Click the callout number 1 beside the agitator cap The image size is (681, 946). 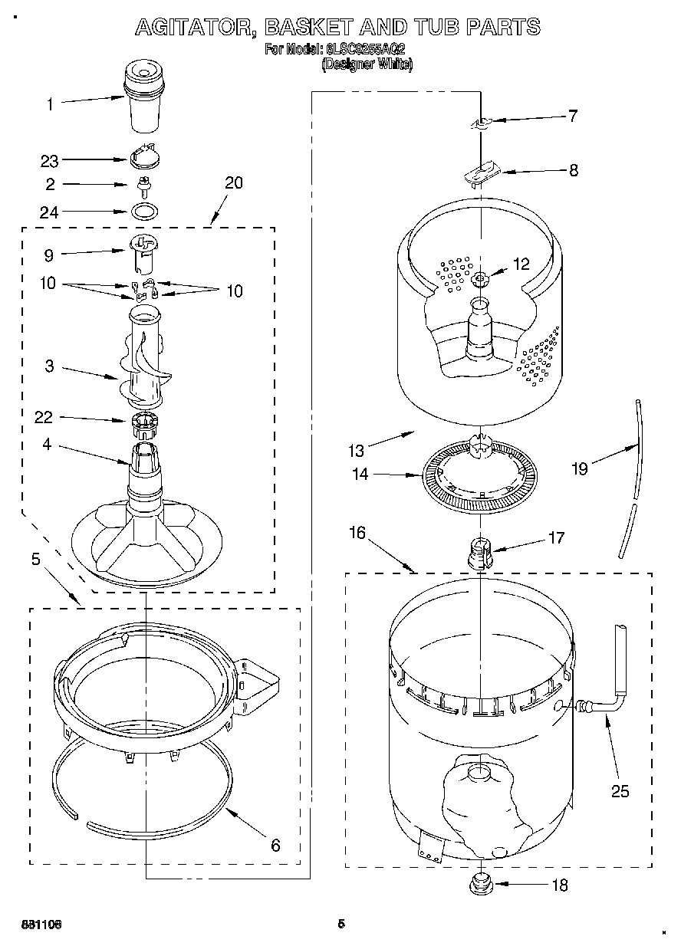[51, 104]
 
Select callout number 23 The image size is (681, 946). [50, 161]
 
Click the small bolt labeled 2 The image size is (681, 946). [143, 185]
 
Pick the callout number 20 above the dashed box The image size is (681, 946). [234, 182]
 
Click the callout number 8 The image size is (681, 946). [574, 171]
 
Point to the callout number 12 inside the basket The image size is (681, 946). [521, 264]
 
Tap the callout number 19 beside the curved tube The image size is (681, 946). [580, 468]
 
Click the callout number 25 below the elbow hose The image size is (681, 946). [619, 791]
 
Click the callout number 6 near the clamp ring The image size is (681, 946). [275, 846]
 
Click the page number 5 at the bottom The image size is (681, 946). [341, 924]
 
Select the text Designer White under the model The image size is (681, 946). [367, 65]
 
